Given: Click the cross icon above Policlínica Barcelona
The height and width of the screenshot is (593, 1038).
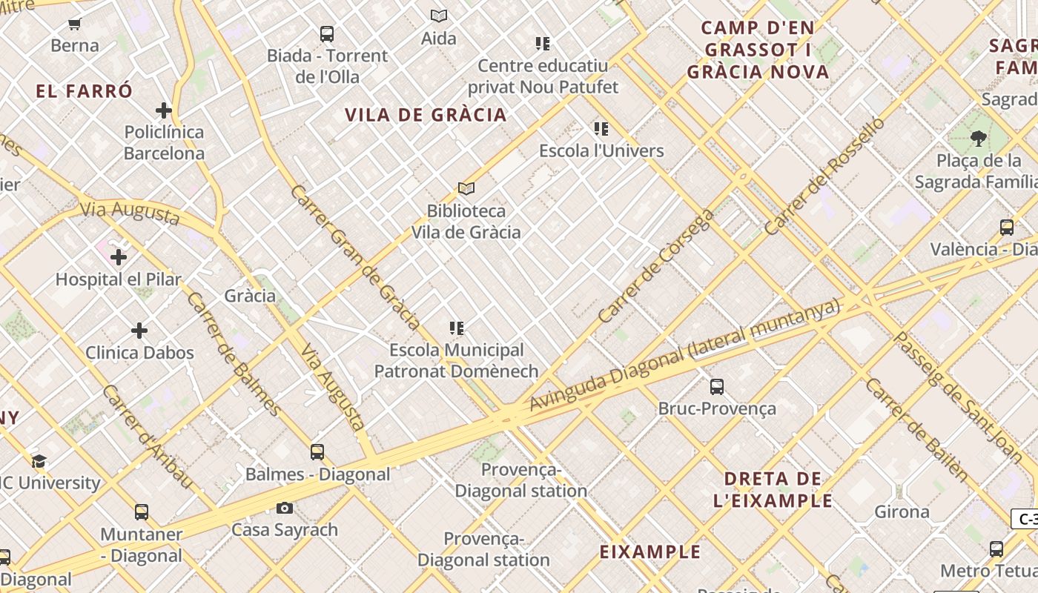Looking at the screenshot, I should (164, 111).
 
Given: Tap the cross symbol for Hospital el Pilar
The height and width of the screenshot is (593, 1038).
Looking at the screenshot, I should (119, 258).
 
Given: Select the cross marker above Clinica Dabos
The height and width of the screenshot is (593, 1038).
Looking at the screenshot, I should (139, 331).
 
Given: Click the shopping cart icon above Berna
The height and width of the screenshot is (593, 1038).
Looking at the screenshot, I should (74, 24).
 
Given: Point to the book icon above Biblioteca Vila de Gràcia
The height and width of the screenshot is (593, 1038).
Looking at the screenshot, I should (466, 189).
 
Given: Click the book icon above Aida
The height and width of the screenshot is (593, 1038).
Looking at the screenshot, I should (439, 16).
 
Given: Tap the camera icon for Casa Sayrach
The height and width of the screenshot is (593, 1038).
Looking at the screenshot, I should (284, 508).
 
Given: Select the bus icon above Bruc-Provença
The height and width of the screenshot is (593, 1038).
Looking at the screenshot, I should (716, 387).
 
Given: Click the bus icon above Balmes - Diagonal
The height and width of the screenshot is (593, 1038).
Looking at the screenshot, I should (317, 452).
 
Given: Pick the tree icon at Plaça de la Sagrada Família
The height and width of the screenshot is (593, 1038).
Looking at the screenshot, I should (978, 139).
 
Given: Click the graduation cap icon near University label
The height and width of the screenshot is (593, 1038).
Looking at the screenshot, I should (39, 462).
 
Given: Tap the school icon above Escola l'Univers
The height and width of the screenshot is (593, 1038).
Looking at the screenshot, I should (601, 129).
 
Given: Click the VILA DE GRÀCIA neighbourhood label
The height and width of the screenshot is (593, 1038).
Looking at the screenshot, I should (426, 115).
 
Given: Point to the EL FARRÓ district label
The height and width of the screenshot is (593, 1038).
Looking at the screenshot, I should (85, 92).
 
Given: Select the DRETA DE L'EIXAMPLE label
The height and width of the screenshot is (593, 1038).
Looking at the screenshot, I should (773, 489).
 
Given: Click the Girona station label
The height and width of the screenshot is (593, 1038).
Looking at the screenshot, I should (902, 512).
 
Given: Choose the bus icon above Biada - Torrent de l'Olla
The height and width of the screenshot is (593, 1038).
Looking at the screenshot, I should (326, 34).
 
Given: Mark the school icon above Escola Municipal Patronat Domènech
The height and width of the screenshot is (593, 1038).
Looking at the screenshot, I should (457, 328).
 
